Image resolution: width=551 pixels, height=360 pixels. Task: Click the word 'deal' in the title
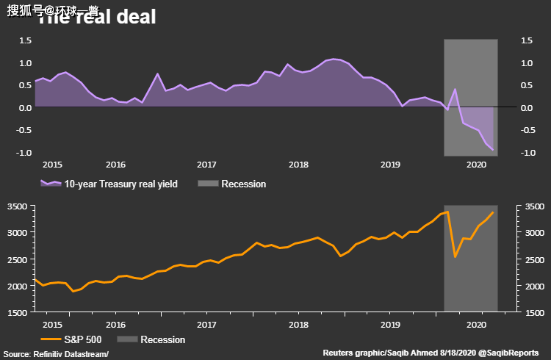pos(132,17)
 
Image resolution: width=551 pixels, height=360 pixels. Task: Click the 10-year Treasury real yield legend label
pos(120,184)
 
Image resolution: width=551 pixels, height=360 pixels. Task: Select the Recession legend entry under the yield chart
pos(243,184)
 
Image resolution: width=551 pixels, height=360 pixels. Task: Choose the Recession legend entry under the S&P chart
pos(162,339)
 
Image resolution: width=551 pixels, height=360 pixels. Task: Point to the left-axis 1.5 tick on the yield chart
pos(24,41)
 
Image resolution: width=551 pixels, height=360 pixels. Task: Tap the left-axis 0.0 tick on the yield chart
pos(24,108)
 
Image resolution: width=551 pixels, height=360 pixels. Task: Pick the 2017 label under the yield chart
pos(206,165)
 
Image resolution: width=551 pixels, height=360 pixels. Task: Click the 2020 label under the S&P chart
pos(480,323)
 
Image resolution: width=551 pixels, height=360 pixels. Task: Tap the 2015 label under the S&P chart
pos(51,323)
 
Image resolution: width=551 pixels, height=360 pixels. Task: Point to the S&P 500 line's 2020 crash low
pos(455,256)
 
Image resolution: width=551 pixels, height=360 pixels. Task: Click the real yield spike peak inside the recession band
pos(455,90)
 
